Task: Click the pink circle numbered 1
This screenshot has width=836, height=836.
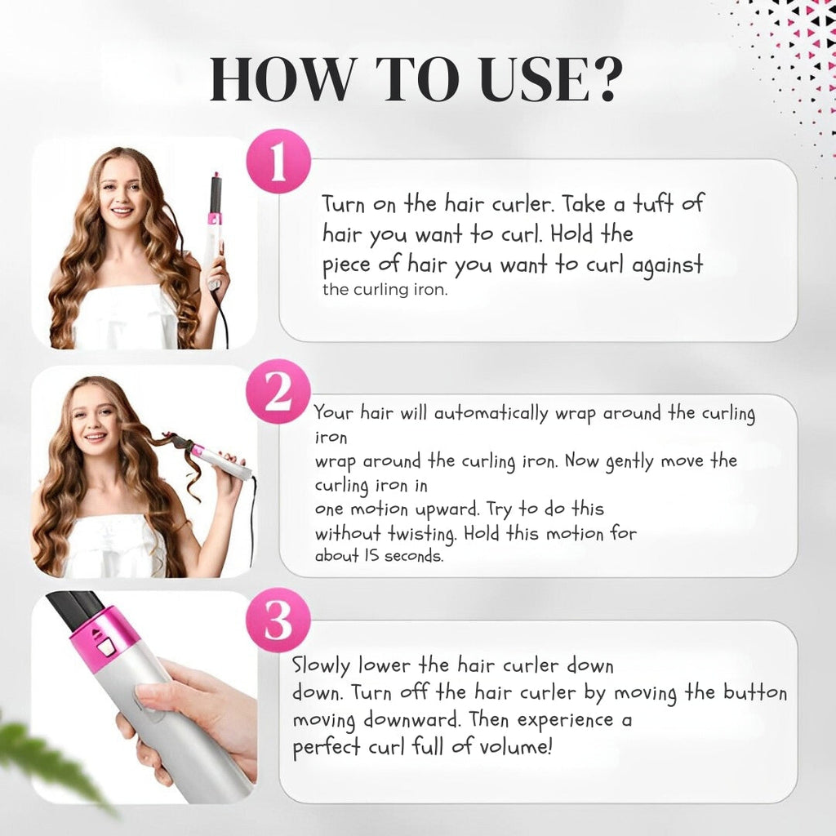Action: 278,164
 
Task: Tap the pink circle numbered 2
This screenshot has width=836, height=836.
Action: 278,394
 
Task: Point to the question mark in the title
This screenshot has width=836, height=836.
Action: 606,81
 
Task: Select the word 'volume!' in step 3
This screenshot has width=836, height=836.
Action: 513,748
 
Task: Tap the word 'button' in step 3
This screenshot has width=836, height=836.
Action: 755,692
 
